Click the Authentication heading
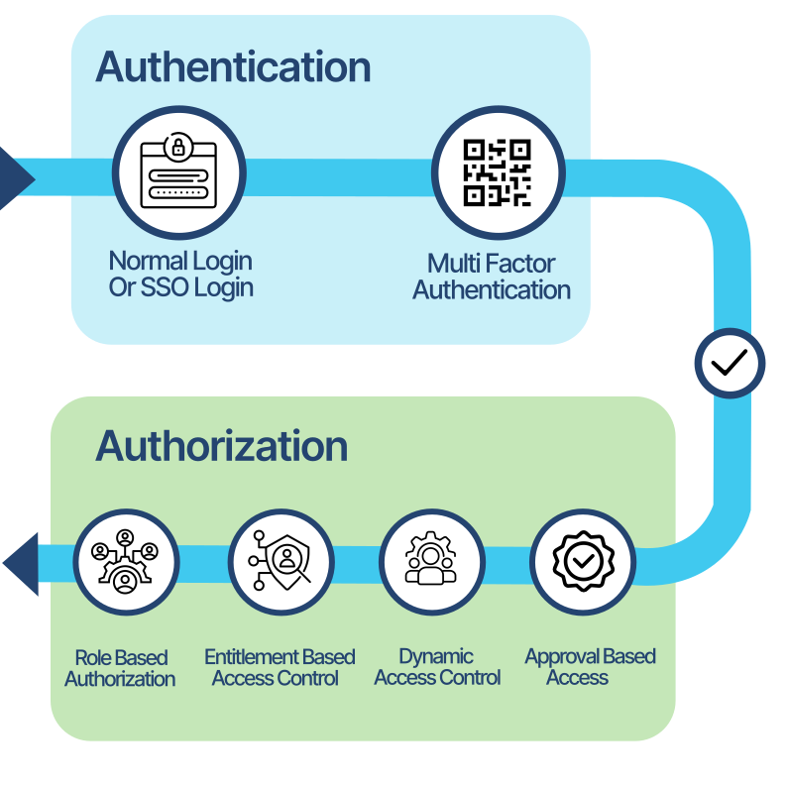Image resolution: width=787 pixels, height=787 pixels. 233,67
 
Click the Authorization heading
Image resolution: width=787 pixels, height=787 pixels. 221,446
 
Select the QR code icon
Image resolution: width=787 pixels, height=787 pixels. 498,173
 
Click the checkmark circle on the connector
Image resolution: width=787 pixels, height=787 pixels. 730,364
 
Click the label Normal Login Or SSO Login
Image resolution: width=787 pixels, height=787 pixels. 180,275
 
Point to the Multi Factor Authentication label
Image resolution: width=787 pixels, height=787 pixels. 492,278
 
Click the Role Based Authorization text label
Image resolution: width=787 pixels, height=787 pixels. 121,668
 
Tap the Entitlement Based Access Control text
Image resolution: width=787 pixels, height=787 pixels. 280,667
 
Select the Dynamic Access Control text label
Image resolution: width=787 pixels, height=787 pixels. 437,667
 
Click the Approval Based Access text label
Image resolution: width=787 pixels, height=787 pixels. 590,667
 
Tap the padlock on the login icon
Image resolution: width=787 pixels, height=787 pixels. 178,148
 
